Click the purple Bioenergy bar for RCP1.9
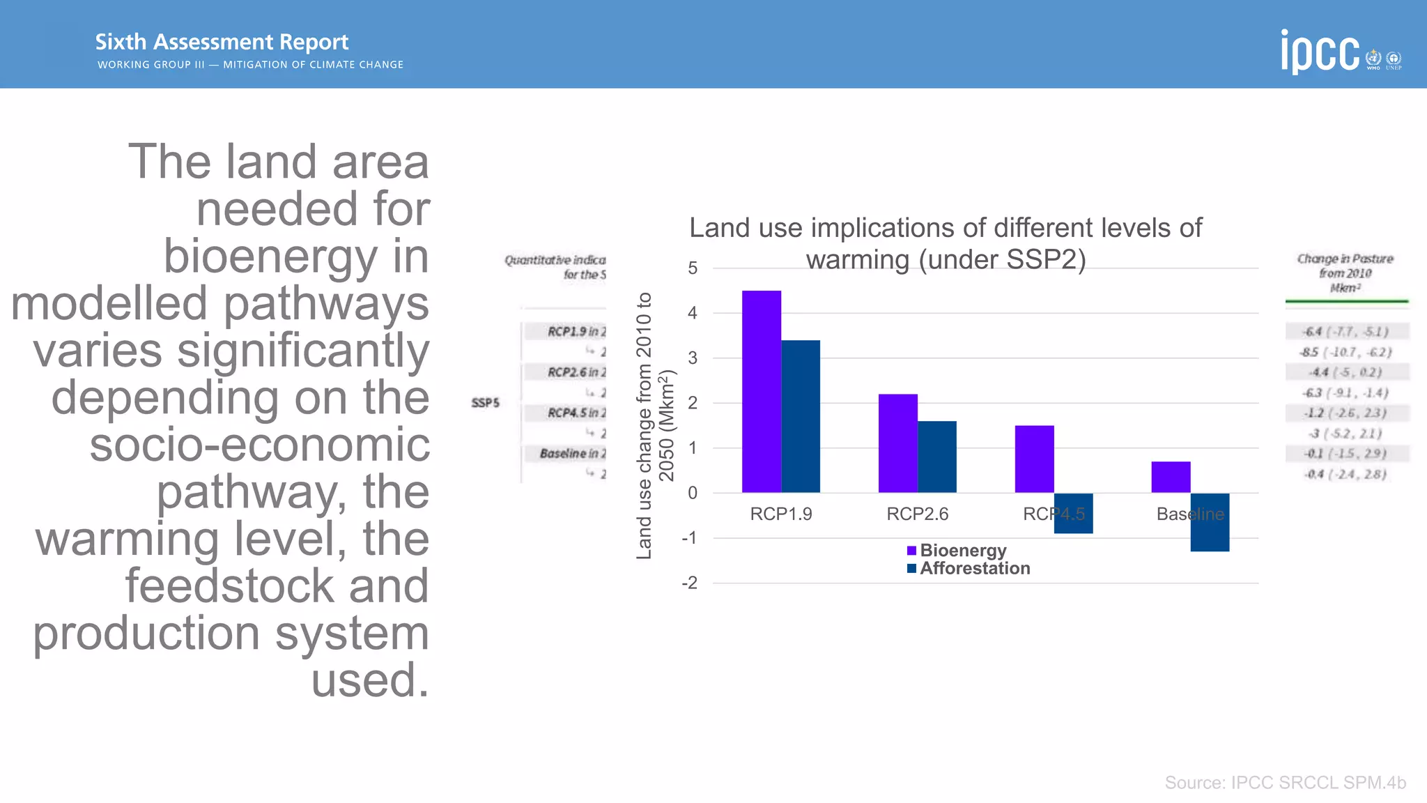[x=761, y=391]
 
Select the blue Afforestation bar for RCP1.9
[x=801, y=416]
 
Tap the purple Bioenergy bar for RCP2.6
[x=897, y=443]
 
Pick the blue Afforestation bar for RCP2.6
[x=937, y=457]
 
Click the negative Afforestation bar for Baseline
[x=1210, y=522]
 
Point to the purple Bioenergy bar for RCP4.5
[x=1034, y=459]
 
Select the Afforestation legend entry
[x=968, y=569]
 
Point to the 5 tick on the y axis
[x=692, y=268]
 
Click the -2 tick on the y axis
[x=689, y=583]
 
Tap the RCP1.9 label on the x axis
[x=780, y=514]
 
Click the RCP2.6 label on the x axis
[x=917, y=514]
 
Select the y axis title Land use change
[x=654, y=425]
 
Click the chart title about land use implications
[x=946, y=243]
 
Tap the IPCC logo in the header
[x=1320, y=52]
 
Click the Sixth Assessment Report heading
[x=222, y=42]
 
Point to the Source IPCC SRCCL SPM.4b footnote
[x=1285, y=783]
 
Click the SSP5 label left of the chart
[x=485, y=403]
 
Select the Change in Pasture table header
[x=1345, y=273]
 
